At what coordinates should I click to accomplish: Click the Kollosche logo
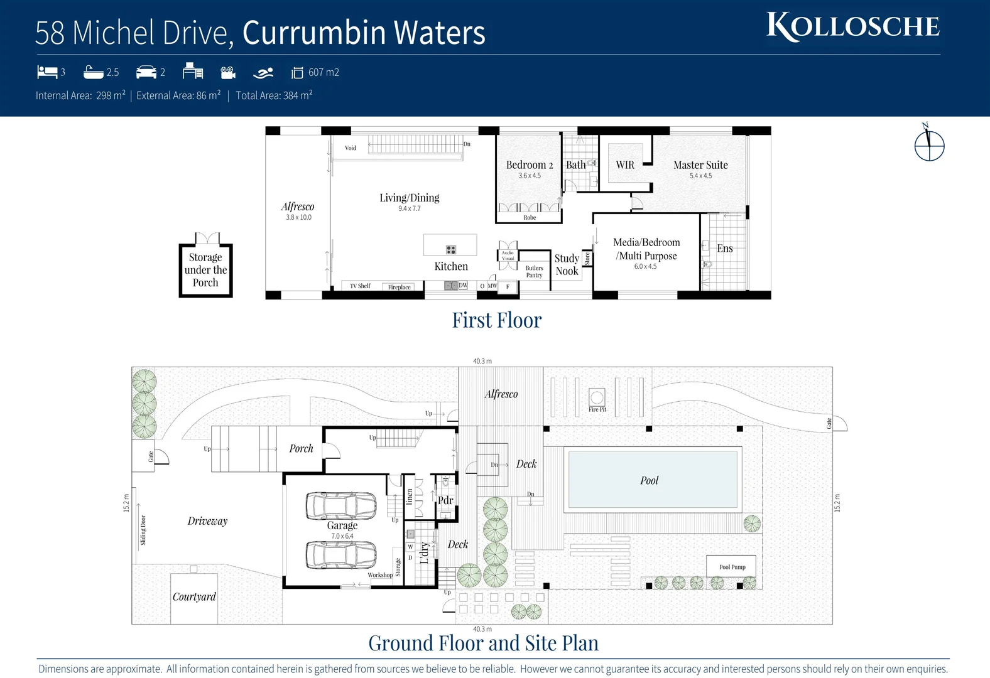point(853,26)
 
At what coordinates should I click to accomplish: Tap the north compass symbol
point(929,146)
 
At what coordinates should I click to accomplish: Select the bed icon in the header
point(47,72)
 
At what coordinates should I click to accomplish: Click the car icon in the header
point(146,72)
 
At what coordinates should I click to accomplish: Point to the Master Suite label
point(700,165)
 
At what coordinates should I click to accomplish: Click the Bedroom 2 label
point(530,165)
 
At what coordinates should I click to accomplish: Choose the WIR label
point(625,165)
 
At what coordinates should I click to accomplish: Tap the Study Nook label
point(567,265)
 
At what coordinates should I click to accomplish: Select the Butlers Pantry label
point(534,271)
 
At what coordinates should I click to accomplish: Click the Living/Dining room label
point(410,198)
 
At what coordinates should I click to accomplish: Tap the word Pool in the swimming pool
point(650,480)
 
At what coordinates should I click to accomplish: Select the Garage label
point(342,525)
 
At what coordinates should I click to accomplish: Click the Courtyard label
point(194,597)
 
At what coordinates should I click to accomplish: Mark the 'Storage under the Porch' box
point(205,270)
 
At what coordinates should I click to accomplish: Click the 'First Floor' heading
point(496,320)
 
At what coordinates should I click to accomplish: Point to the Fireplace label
point(400,287)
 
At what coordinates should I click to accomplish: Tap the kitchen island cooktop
point(450,250)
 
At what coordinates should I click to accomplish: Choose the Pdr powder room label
point(445,500)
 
